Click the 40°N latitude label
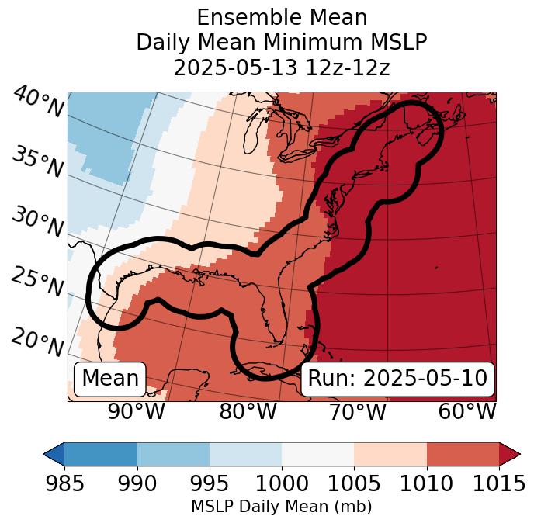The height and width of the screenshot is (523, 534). pos(38,102)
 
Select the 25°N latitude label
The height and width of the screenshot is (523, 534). pos(37,282)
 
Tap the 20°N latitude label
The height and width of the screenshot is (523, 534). pos(37,341)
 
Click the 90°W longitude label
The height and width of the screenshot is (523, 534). pos(137,411)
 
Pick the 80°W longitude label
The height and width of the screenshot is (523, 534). pos(248,411)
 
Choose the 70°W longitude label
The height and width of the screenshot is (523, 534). pos(357,411)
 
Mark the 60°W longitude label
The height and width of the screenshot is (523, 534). pos(467,411)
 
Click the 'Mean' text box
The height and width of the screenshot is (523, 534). pos(110,379)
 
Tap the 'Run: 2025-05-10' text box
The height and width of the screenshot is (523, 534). pos(397,379)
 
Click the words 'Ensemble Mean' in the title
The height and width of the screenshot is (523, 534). pos(282,18)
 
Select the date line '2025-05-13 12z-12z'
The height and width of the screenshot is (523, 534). pos(282,68)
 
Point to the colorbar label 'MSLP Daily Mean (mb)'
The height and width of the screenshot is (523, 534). pos(282,507)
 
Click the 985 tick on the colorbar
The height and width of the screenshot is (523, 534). pos(64,484)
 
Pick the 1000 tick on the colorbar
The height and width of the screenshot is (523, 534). pos(282,484)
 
